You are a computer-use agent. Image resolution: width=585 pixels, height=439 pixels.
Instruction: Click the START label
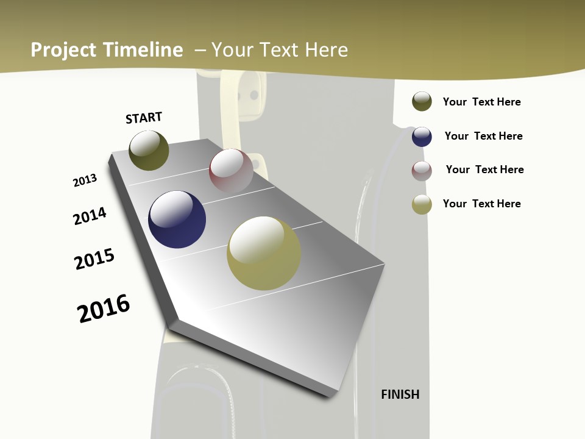144,118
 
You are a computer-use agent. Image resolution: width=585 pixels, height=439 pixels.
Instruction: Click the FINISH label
400,394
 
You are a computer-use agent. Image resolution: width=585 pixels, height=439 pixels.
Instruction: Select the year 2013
85,180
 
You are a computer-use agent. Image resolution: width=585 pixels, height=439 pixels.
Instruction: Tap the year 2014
90,216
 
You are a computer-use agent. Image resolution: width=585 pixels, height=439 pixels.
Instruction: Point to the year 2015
94,259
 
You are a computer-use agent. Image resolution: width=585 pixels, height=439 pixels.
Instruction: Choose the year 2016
104,308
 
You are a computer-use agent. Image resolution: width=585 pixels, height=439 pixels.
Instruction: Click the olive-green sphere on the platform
149,150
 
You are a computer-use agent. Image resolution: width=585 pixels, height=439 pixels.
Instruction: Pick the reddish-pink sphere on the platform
231,170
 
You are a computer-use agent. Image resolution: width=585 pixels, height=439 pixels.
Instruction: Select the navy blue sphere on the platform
177,220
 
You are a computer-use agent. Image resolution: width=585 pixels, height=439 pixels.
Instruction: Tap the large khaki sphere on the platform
264,253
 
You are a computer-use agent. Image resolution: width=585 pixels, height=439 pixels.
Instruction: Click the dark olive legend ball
422,101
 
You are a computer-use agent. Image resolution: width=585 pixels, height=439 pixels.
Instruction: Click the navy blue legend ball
422,137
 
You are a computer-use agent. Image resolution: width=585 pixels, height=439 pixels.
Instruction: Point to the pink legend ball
422,171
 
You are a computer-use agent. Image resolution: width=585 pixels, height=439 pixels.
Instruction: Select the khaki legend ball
422,204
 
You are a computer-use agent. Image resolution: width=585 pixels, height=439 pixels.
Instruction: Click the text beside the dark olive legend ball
481,102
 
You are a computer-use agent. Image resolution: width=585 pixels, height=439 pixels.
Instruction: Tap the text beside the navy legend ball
483,136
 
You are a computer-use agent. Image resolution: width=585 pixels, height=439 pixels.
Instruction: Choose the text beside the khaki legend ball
481,204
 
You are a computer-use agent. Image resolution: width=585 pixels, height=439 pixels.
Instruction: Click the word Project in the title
63,50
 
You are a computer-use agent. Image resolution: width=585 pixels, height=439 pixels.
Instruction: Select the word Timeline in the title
143,50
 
